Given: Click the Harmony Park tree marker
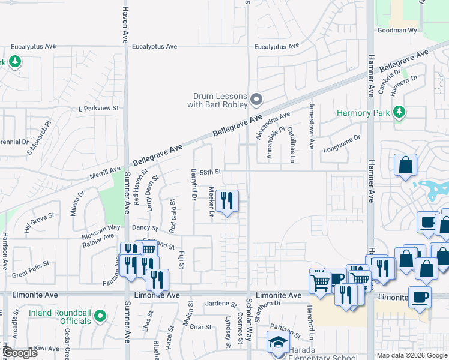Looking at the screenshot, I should pyautogui.click(x=399, y=112).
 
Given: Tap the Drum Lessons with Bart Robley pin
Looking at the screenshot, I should pyautogui.click(x=257, y=99).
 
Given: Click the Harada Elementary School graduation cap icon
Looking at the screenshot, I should pyautogui.click(x=277, y=343).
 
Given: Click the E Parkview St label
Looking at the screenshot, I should pyautogui.click(x=99, y=109).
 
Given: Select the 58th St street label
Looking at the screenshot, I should pyautogui.click(x=211, y=172).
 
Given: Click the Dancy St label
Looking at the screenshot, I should pyautogui.click(x=145, y=229).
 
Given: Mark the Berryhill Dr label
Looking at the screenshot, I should pyautogui.click(x=194, y=185).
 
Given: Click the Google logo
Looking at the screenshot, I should pyautogui.click(x=20, y=353).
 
